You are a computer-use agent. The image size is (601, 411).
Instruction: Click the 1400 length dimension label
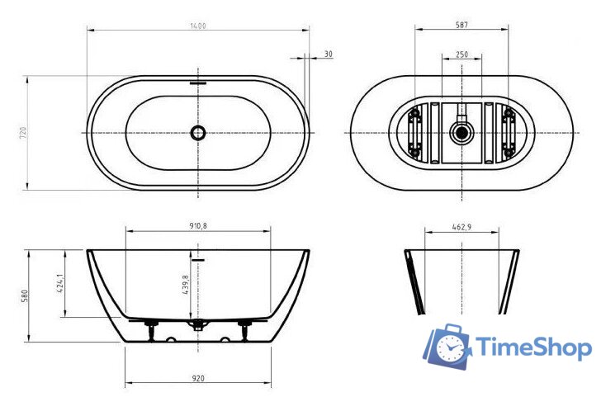tap(197, 26)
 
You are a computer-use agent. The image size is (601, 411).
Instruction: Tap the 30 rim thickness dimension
tap(328, 54)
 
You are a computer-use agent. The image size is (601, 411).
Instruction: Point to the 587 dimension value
tap(462, 26)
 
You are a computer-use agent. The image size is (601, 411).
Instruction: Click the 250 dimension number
tap(462, 54)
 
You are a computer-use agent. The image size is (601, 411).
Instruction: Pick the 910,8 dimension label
tap(197, 225)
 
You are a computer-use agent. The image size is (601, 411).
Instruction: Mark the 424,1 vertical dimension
tap(60, 284)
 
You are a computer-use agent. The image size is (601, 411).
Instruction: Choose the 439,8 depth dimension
tap(185, 289)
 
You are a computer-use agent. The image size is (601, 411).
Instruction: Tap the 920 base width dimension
tap(197, 379)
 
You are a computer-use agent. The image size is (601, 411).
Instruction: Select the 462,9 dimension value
tap(462, 225)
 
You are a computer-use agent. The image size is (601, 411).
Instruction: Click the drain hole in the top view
tap(197, 132)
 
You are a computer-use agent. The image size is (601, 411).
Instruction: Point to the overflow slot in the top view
tap(198, 83)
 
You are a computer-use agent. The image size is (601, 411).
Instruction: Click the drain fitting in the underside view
tap(461, 131)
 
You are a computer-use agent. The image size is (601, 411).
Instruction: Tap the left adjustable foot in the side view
tap(151, 331)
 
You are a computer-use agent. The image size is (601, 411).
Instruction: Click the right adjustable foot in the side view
tap(244, 331)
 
